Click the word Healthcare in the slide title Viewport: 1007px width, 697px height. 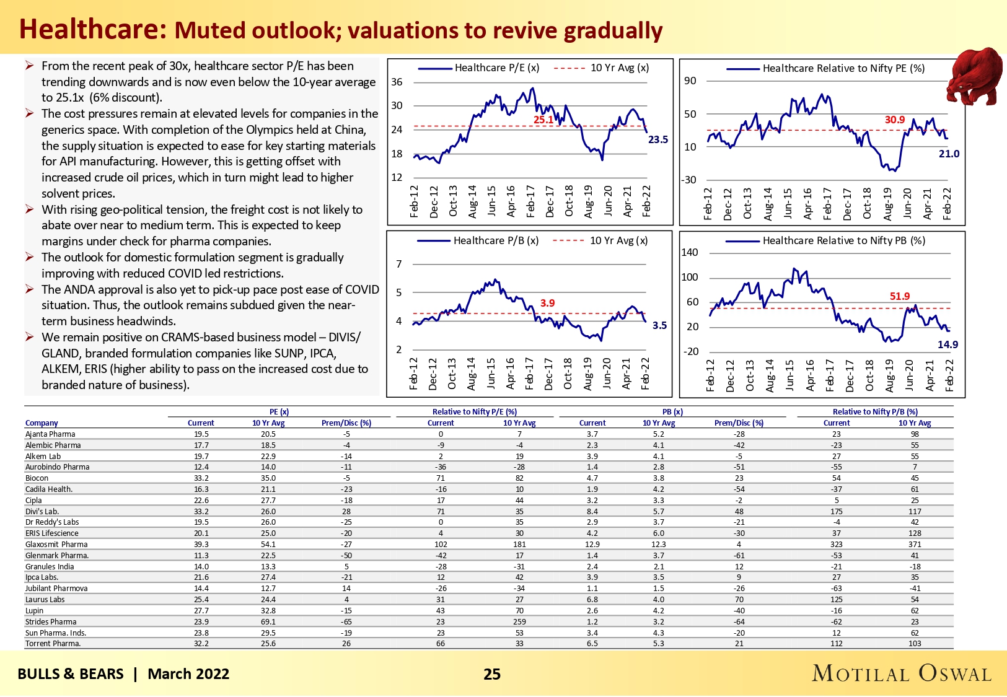click(x=93, y=29)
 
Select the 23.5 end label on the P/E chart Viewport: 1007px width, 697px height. click(x=658, y=140)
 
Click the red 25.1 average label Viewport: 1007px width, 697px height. click(x=543, y=120)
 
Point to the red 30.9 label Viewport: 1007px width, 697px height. click(x=894, y=120)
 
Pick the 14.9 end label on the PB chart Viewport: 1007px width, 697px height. click(x=948, y=344)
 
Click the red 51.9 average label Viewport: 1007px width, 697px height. click(x=899, y=297)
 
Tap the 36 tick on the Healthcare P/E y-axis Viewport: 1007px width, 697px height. click(x=397, y=82)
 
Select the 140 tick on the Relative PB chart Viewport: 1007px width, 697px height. click(x=689, y=252)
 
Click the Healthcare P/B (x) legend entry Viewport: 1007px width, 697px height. click(x=496, y=240)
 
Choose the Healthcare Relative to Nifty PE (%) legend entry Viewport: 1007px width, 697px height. click(x=843, y=68)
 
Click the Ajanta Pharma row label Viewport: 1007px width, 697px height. click(x=50, y=434)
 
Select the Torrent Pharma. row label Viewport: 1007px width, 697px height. click(x=53, y=644)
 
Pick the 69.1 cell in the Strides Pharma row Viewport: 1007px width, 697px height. click(x=268, y=621)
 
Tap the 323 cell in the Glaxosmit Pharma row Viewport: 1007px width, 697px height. click(x=837, y=545)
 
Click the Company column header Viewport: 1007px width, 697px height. click(x=42, y=423)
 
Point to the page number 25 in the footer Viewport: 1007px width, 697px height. click(x=492, y=674)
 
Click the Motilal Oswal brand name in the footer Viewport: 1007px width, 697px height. click(x=902, y=673)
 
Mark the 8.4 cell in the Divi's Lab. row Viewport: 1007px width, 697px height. click(x=592, y=512)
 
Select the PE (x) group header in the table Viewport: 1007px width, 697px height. click(x=279, y=412)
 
